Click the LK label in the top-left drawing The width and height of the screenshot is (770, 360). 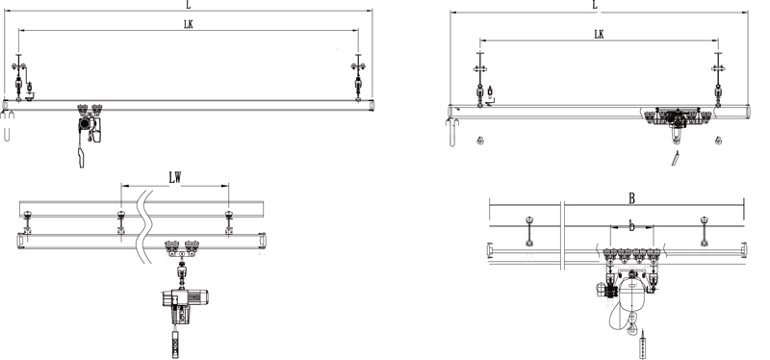click(191, 24)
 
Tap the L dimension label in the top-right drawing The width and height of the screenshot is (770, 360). click(595, 5)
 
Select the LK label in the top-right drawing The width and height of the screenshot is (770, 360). click(599, 34)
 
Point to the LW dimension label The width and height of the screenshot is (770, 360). click(175, 178)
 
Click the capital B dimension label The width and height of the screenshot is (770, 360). click(632, 199)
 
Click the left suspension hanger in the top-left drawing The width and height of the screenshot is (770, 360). click(19, 77)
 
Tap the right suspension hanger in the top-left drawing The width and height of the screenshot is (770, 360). click(359, 77)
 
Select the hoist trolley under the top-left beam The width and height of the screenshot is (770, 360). click(88, 121)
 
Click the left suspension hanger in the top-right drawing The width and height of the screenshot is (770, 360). click(478, 82)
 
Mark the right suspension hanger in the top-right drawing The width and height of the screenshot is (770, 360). click(717, 82)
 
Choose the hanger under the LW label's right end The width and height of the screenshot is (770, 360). click(228, 220)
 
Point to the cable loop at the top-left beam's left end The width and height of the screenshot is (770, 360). click(9, 126)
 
